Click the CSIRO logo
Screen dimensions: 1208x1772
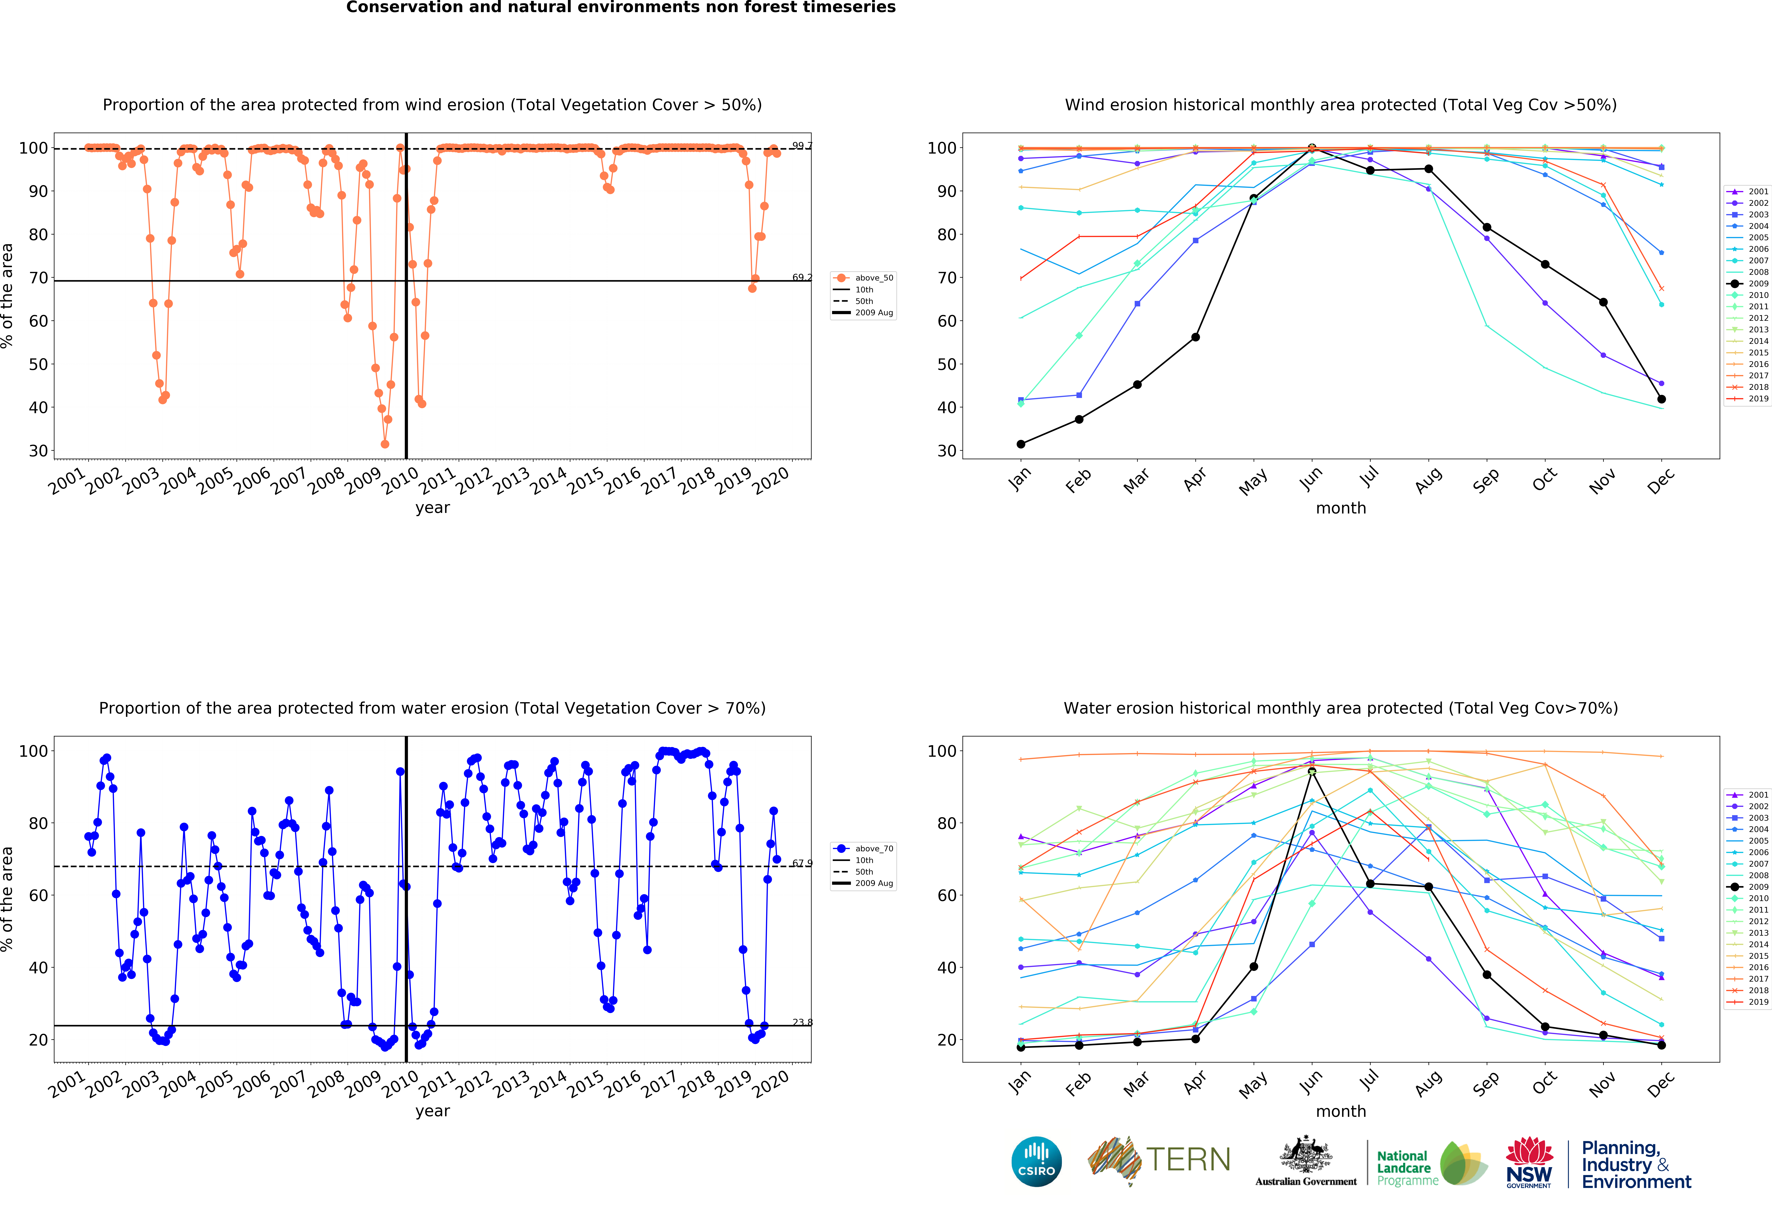click(1036, 1161)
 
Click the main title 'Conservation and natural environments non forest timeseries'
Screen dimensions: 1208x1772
click(621, 8)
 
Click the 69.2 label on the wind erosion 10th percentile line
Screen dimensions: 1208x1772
click(801, 278)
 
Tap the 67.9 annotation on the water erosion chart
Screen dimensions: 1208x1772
click(801, 863)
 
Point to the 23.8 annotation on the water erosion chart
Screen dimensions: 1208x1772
click(801, 1023)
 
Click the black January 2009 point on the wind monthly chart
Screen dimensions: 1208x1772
click(1021, 444)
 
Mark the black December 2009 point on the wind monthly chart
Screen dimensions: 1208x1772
click(1661, 399)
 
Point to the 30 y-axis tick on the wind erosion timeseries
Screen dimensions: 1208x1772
click(38, 451)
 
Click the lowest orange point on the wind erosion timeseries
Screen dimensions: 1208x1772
click(385, 444)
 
